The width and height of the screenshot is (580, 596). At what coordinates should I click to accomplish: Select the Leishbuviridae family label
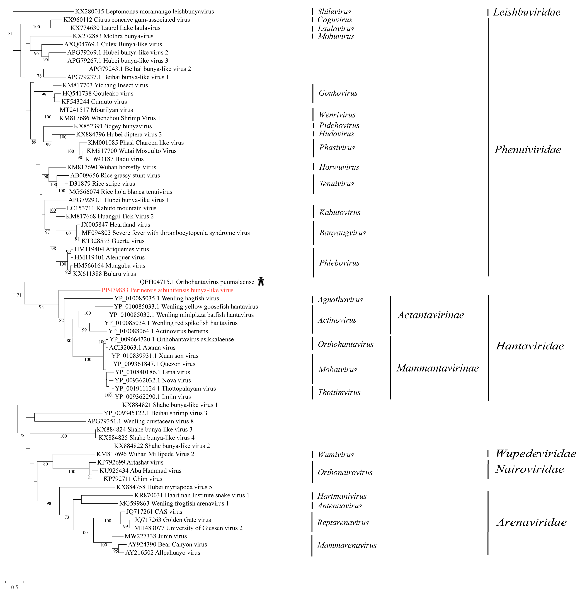coord(526,12)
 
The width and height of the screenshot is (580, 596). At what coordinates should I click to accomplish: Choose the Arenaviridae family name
coord(531,522)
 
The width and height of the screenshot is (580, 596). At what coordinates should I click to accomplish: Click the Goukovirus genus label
coord(338,93)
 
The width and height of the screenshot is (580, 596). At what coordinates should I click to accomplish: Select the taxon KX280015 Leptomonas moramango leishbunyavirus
coord(144,12)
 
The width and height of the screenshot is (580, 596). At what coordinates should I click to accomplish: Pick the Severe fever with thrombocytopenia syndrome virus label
coord(166,233)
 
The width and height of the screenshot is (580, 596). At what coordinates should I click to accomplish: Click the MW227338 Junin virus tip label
coord(156,536)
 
